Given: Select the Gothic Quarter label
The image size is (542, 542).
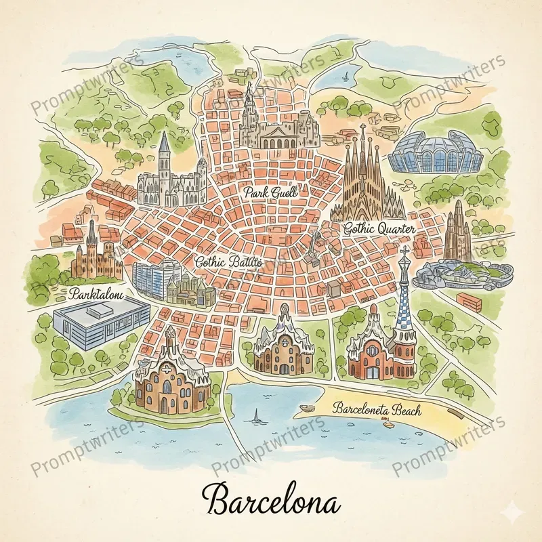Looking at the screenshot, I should tap(379, 230).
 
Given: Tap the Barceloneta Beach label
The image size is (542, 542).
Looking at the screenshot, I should tap(378, 409).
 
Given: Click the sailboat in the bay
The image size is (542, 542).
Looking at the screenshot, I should tap(256, 415).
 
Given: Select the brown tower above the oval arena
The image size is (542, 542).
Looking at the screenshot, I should tap(459, 230).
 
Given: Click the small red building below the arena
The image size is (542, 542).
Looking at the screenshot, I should tap(469, 299).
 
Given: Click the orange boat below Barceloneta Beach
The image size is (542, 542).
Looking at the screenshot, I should tap(389, 425).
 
